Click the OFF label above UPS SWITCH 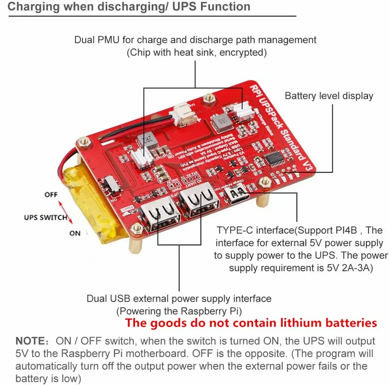click(x=51, y=194)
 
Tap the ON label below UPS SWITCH click(x=74, y=233)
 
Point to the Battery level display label click(x=329, y=96)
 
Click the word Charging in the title click(x=30, y=7)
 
